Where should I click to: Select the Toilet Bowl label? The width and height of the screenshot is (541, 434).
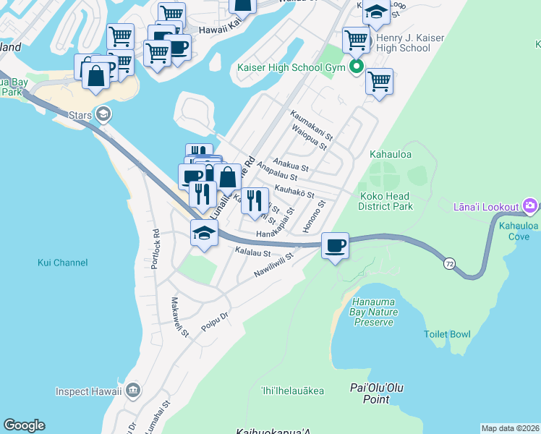(x=447, y=334)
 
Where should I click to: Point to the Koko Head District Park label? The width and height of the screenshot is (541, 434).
(x=385, y=201)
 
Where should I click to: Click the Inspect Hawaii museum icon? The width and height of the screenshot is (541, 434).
(x=133, y=391)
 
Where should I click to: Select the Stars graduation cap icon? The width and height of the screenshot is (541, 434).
(x=103, y=114)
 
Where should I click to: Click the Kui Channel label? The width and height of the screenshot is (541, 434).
(x=62, y=263)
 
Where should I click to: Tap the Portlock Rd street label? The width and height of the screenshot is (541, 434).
(x=155, y=250)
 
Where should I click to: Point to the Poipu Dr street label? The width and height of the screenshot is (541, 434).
(x=215, y=321)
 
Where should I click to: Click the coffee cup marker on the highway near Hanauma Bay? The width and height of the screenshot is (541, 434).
(x=335, y=247)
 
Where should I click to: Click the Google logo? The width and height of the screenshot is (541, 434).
(x=24, y=425)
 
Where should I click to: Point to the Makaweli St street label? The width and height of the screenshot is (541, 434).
(x=179, y=317)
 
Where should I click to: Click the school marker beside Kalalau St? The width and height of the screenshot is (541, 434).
(x=204, y=234)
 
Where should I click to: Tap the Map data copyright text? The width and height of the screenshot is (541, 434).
(x=509, y=428)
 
